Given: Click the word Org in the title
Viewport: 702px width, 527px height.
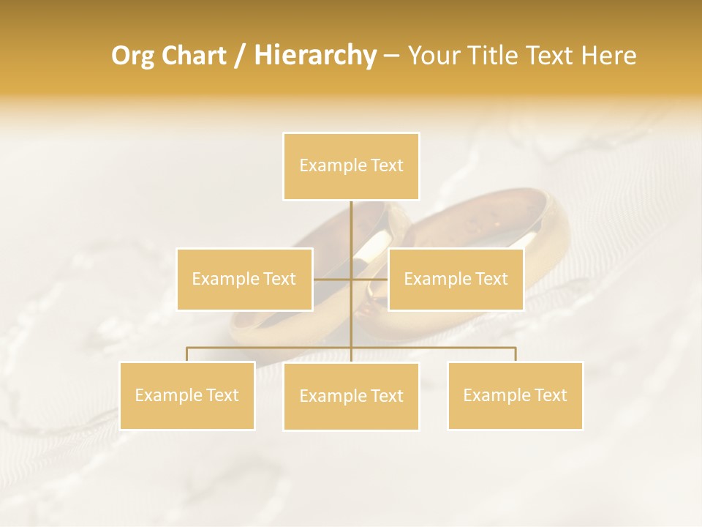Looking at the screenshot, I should coord(132,56).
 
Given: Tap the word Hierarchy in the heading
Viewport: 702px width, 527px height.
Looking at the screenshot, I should coord(314,56).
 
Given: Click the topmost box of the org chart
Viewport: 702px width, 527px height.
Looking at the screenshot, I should coord(351,166).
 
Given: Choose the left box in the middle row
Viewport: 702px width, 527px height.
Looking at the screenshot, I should coord(244,279).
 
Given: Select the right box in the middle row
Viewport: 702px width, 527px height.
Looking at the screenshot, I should coord(456,279).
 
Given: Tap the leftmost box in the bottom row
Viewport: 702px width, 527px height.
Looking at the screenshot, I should coord(186,395).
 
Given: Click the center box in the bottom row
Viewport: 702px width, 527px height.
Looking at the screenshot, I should coord(351,396).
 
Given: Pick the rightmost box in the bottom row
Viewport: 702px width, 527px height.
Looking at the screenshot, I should coord(515,395).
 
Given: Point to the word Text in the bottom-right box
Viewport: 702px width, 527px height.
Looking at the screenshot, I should coord(550,395).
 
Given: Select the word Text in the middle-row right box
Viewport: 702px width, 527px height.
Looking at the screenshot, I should coord(491,279).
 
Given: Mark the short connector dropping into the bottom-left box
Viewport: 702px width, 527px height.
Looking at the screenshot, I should coord(187,354).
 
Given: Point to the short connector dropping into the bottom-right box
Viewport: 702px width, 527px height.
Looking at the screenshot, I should coord(516,354).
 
